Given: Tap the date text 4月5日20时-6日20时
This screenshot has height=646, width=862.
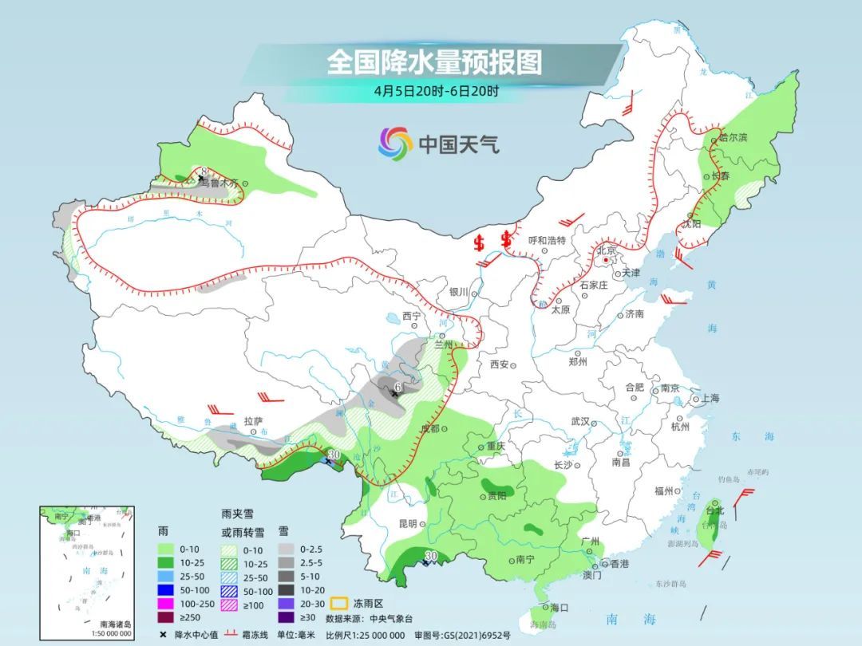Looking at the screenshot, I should click(435, 90).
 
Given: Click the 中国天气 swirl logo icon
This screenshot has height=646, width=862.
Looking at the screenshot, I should click(395, 144).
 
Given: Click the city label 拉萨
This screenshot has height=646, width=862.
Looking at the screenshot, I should click(253, 420).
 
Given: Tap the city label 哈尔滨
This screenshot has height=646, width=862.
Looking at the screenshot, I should click(733, 137).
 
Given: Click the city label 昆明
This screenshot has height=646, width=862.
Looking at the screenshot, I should click(407, 524).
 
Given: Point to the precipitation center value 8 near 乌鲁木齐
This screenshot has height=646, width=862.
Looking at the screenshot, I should click(204, 171).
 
